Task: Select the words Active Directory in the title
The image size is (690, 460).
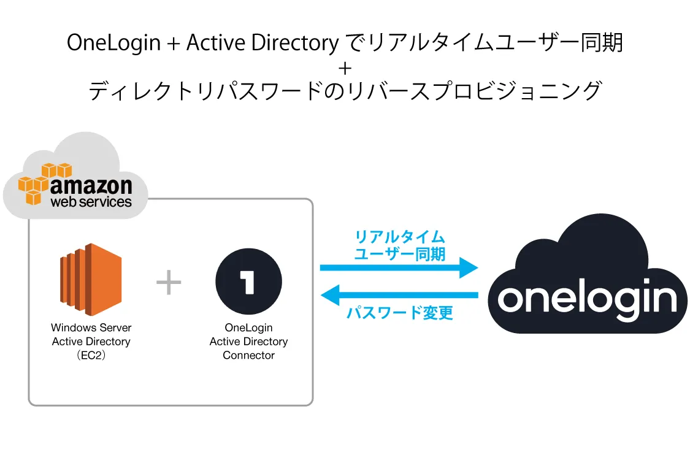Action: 262,43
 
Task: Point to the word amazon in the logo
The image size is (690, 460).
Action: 91,185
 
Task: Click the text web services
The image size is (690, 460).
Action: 91,201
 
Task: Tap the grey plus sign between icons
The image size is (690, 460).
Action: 169,283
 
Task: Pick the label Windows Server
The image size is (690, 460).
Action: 91,328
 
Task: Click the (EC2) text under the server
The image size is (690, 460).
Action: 90,355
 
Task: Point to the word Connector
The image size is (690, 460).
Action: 248,355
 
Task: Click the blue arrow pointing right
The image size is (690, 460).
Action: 399,267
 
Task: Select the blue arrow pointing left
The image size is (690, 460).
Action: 399,296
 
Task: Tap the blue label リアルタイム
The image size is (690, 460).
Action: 400,237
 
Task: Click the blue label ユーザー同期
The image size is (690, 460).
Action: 400,253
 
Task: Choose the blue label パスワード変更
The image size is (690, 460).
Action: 400,313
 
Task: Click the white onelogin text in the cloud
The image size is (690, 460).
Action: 587,298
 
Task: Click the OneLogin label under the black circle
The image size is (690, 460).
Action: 248,328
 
